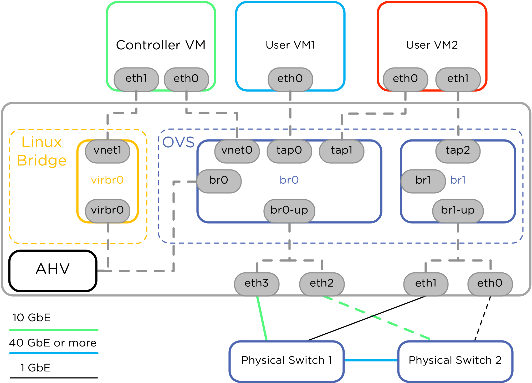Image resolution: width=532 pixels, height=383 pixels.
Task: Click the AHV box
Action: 53,271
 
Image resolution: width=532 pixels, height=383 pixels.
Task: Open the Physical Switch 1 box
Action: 287,361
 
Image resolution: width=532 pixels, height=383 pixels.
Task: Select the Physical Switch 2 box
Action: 455,361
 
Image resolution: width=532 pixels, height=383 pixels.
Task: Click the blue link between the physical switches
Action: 371,360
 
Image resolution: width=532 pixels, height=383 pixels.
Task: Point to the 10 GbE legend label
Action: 32,318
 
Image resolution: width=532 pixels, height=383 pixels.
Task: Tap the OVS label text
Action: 178,142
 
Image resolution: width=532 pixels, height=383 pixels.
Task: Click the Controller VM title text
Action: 161,45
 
